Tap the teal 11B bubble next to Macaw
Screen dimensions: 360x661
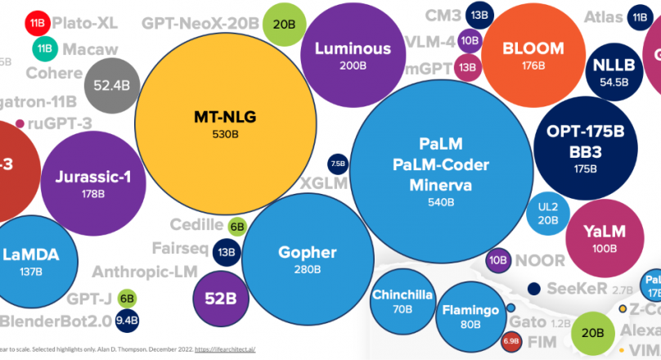(45, 49)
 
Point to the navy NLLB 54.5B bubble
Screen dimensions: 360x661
(614, 72)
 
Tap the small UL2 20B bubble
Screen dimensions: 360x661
(547, 211)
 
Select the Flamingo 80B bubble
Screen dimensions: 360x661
(470, 317)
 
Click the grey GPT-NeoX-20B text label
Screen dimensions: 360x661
(201, 25)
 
